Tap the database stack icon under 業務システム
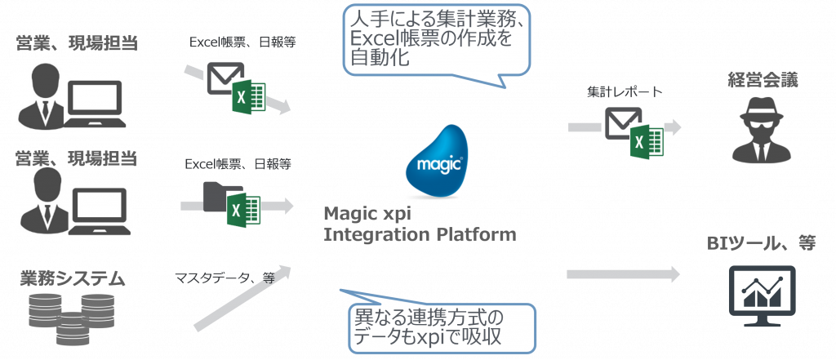click(71, 318)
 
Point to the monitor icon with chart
click(763, 296)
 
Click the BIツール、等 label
click(762, 244)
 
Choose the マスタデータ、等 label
click(225, 278)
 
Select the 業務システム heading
click(73, 278)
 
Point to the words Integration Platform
click(420, 234)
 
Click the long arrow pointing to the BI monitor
click(623, 274)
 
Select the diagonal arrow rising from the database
click(242, 298)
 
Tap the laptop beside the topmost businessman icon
click(95, 104)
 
